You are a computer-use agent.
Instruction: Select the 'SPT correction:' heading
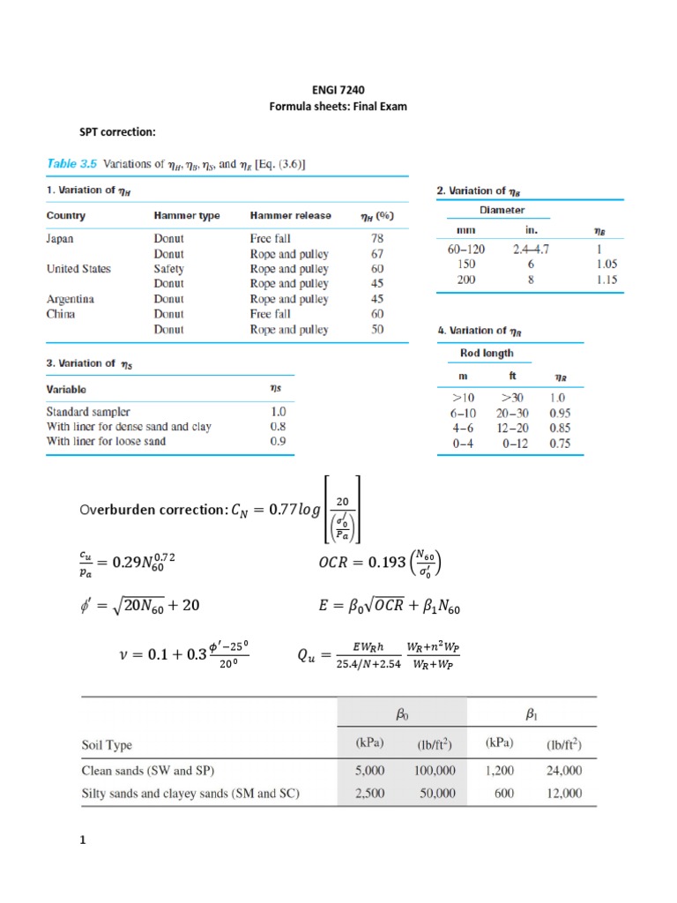[x=118, y=132]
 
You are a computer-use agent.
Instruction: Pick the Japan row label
[x=60, y=238]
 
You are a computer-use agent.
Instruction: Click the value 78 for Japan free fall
[x=377, y=238]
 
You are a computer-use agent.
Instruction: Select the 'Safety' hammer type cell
[x=168, y=269]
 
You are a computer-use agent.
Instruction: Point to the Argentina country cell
[x=70, y=299]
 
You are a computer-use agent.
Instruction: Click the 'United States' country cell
[x=78, y=269]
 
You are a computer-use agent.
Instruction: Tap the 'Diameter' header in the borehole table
[x=502, y=210]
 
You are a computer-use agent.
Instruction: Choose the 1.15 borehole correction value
[x=606, y=280]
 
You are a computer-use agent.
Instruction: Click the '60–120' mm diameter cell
[x=466, y=250]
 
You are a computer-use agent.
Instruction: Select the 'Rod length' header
[x=487, y=354]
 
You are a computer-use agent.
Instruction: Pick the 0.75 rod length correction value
[x=559, y=444]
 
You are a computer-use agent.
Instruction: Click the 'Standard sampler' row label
[x=88, y=411]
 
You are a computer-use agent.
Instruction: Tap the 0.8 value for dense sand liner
[x=278, y=426]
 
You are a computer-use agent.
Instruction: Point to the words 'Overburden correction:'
[x=152, y=510]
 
